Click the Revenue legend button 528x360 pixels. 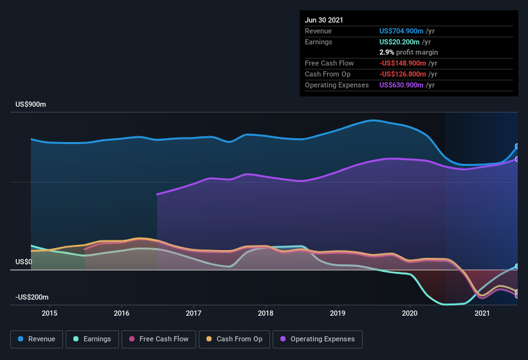pos(37,339)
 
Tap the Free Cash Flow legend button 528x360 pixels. pos(158,339)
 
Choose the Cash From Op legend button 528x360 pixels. pos(234,339)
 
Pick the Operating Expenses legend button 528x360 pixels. pos(318,339)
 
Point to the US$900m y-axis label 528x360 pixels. pos(31,104)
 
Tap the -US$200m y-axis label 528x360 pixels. pos(32,298)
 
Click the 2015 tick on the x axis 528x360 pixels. pos(50,313)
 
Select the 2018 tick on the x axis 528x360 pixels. pos(266,313)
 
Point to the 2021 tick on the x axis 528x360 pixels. pos(482,313)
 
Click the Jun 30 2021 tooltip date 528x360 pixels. pos(324,20)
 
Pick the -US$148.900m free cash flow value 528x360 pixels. pos(404,63)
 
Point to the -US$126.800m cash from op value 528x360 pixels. pos(404,74)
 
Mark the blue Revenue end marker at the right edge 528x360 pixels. pos(517,147)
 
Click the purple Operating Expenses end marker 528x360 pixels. pos(517,159)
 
